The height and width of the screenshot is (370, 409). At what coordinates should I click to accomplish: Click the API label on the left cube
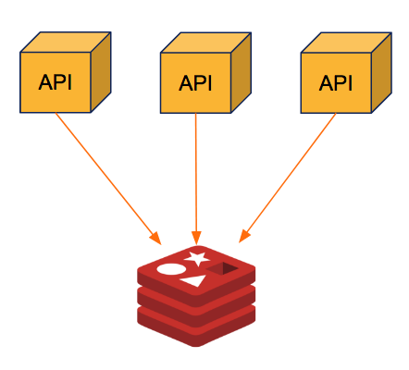56,82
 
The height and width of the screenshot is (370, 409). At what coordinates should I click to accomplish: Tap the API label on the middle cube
195,83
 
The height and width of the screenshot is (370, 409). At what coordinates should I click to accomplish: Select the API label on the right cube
336,83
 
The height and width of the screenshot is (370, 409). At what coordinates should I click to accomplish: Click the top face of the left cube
66,42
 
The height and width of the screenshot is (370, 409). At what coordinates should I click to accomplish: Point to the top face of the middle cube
205,43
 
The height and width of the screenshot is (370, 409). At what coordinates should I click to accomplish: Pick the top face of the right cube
346,43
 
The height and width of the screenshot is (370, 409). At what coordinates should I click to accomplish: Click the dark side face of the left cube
101,72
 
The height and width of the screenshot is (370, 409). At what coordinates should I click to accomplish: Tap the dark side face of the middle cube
242,73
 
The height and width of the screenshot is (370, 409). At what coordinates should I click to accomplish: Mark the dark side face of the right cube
381,73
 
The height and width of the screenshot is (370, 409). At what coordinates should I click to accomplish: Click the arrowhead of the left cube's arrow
155,238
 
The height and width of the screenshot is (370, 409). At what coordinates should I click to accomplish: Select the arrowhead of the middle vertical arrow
196,238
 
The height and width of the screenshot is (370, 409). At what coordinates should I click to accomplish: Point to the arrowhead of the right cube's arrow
244,236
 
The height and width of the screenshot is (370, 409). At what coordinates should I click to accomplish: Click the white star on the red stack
196,258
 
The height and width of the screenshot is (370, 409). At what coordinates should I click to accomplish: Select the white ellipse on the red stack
171,269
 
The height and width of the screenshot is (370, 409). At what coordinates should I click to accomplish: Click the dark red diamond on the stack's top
222,268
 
